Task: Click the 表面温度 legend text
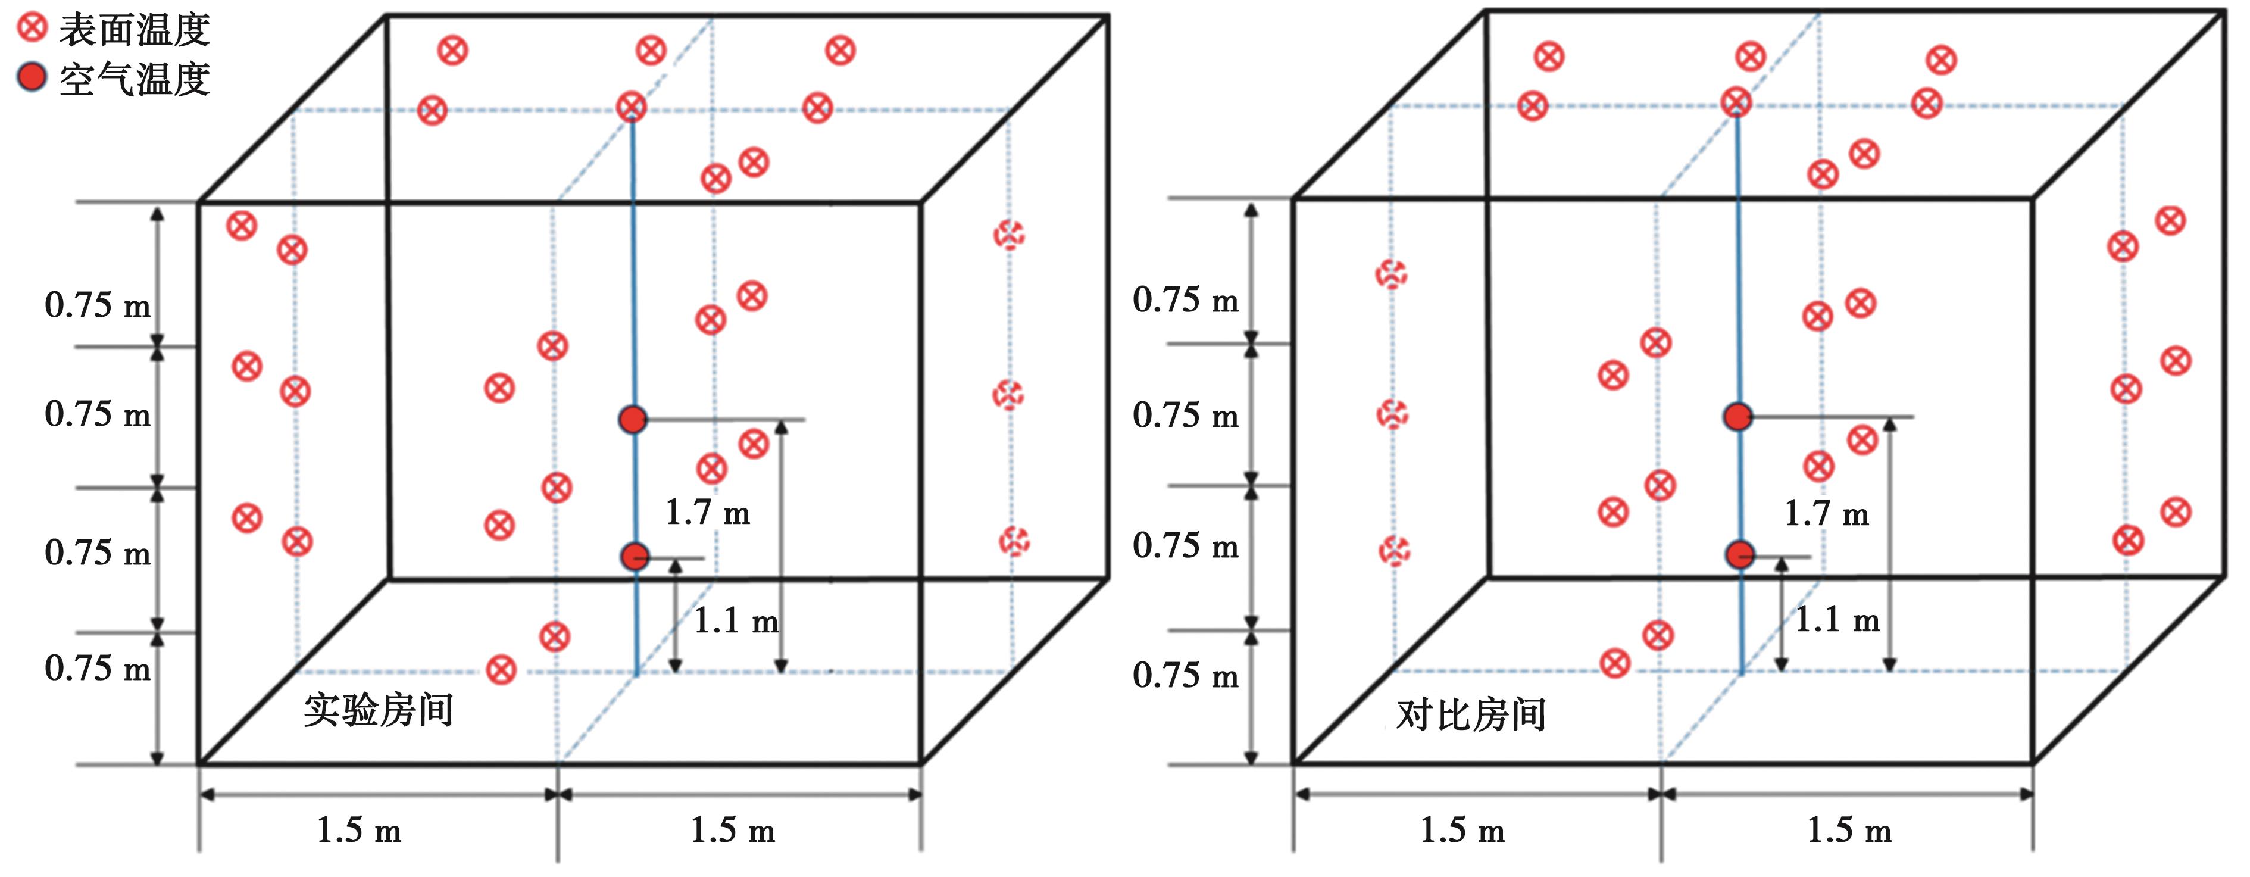tap(135, 30)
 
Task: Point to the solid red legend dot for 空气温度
tap(32, 78)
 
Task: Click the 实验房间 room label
tap(378, 710)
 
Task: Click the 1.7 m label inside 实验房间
tap(708, 512)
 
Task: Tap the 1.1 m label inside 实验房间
tap(736, 621)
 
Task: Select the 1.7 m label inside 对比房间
tap(1826, 514)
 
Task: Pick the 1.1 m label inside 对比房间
tap(1837, 620)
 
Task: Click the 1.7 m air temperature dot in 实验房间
tap(632, 419)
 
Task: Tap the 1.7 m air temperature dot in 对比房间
tap(1738, 417)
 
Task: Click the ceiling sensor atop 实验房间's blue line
tap(632, 107)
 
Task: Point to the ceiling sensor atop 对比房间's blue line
tap(1736, 102)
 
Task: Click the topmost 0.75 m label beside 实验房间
tap(97, 305)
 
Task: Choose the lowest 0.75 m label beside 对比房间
tap(1185, 675)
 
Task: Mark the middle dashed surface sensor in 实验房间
tap(1009, 395)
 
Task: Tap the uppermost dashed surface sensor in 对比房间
tap(1392, 274)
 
